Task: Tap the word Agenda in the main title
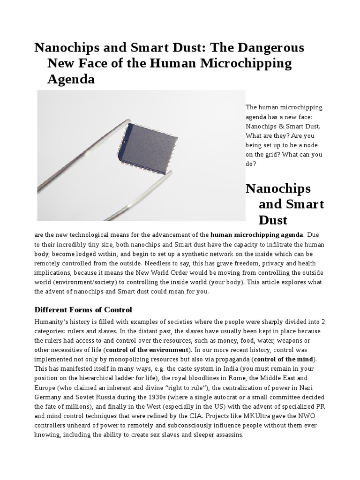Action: (x=71, y=79)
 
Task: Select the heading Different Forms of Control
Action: (x=83, y=310)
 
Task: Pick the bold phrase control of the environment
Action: (x=147, y=350)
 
